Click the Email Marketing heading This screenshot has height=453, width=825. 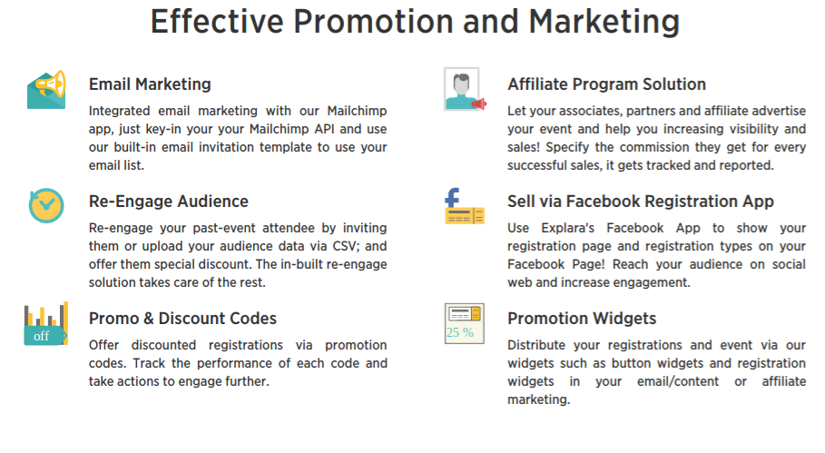coord(150,84)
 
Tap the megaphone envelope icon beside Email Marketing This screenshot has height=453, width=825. coord(46,90)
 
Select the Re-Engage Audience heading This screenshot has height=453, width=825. coord(169,202)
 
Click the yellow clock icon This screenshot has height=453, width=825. coord(46,205)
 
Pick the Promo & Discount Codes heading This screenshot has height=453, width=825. coord(182,319)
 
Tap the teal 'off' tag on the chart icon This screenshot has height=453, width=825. coord(44,336)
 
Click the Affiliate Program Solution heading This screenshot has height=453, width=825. coord(606,84)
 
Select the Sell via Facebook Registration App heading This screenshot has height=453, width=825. coord(641,202)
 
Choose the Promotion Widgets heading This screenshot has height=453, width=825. coord(582,319)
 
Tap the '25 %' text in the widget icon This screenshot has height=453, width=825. coord(460,332)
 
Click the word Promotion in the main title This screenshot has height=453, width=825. coord(373,22)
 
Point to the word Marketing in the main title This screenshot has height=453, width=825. coord(604,23)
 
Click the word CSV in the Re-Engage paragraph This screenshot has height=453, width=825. coord(345,246)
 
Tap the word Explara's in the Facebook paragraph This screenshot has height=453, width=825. coord(568,229)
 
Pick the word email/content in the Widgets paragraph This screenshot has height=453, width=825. coord(678,381)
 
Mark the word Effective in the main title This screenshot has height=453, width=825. coord(217,22)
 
